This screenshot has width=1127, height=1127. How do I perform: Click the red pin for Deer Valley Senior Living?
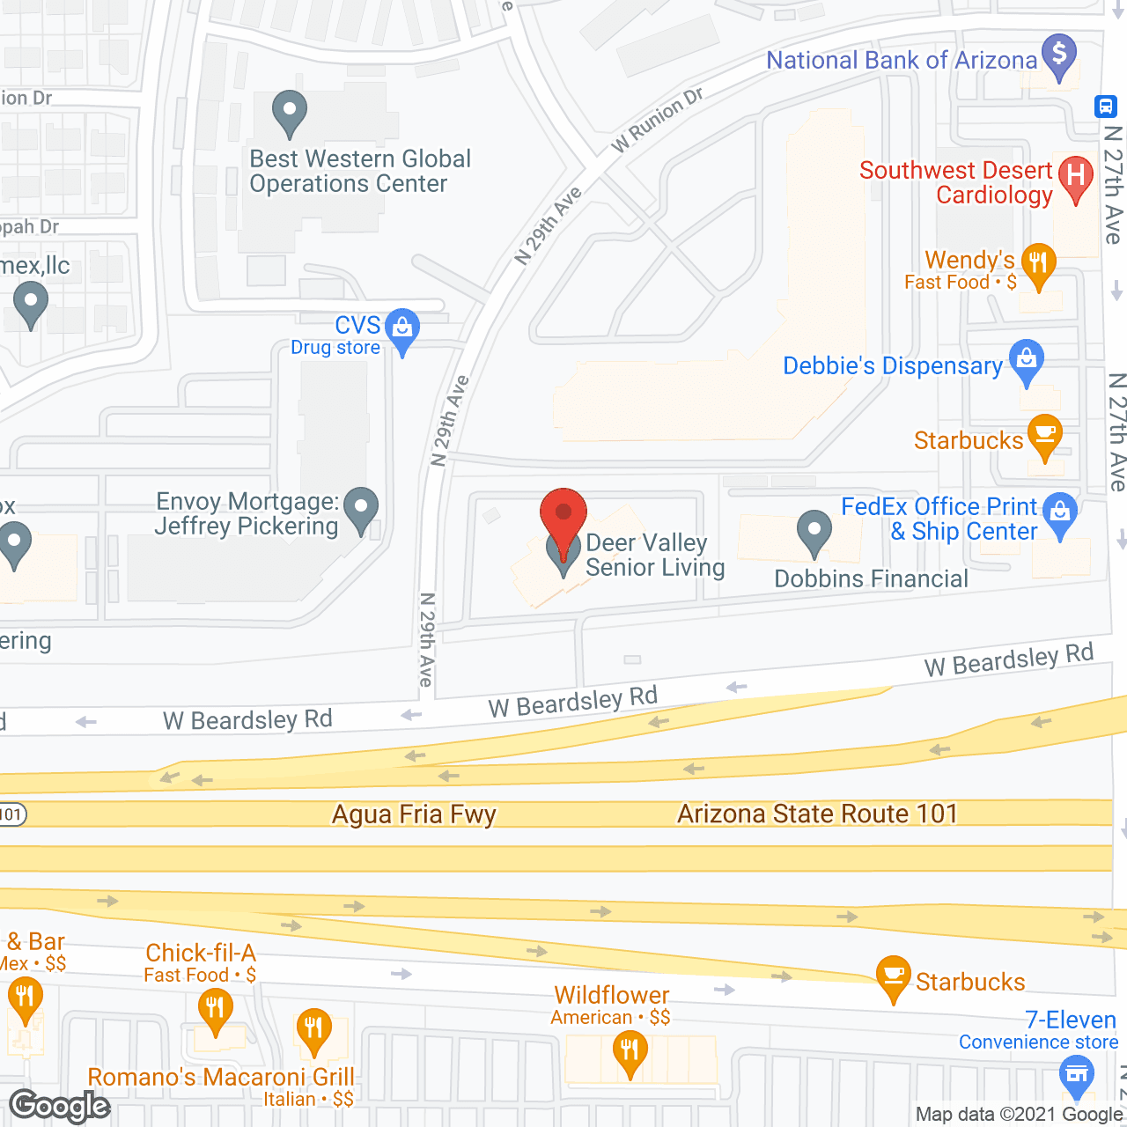click(x=563, y=514)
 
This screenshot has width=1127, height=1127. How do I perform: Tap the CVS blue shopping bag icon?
click(x=402, y=328)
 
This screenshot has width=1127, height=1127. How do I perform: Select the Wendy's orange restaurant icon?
click(x=1039, y=262)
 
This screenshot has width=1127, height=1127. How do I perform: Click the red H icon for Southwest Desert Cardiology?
click(x=1075, y=175)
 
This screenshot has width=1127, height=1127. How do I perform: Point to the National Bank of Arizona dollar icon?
click(x=1059, y=55)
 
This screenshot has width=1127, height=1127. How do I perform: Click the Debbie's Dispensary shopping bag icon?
click(x=1026, y=359)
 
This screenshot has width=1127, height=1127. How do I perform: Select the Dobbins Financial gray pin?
click(x=814, y=531)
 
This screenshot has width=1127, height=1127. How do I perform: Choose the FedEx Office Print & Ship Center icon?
click(x=1060, y=512)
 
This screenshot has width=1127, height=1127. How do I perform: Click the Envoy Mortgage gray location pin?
click(x=361, y=508)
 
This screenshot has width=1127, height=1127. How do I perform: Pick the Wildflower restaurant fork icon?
click(x=630, y=1050)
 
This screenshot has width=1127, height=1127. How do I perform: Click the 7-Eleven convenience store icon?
click(x=1076, y=1074)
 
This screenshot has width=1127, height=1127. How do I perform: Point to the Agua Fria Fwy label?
click(x=414, y=814)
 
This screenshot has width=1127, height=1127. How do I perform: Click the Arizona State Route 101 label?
click(x=817, y=814)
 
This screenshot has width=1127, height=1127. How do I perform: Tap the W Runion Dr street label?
click(x=658, y=120)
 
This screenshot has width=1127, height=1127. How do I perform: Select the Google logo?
click(x=60, y=1106)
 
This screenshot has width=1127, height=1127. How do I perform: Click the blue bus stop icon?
click(x=1105, y=107)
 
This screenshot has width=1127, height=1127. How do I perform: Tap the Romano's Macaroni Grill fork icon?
click(x=313, y=1027)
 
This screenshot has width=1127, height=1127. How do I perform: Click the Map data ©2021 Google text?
click(x=1019, y=1115)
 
